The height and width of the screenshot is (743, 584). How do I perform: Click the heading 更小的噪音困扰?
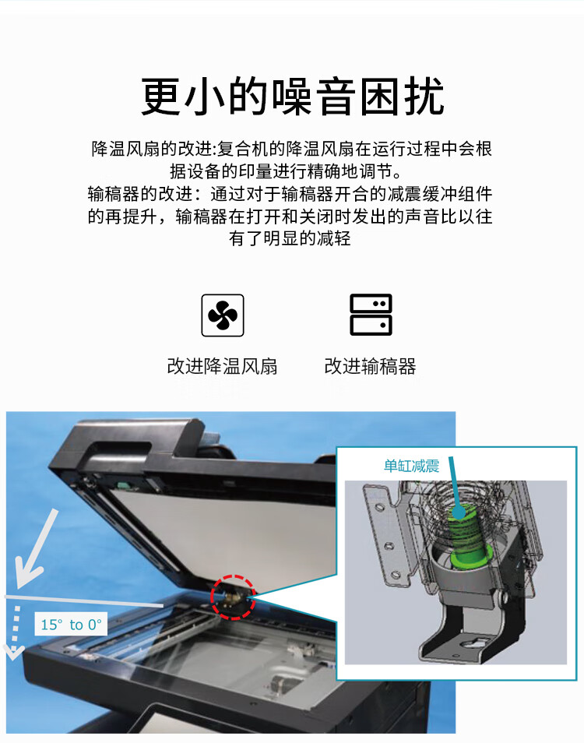click(292, 97)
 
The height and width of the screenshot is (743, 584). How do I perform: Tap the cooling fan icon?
click(223, 315)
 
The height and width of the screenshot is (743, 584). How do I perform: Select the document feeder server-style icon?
click(371, 315)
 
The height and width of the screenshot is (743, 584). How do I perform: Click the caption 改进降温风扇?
click(223, 366)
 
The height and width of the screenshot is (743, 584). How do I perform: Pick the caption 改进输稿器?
click(371, 366)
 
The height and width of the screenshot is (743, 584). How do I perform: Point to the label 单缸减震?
click(411, 466)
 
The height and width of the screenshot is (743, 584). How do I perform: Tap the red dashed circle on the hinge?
click(232, 598)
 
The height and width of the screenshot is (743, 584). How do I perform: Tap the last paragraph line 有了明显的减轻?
click(290, 238)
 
